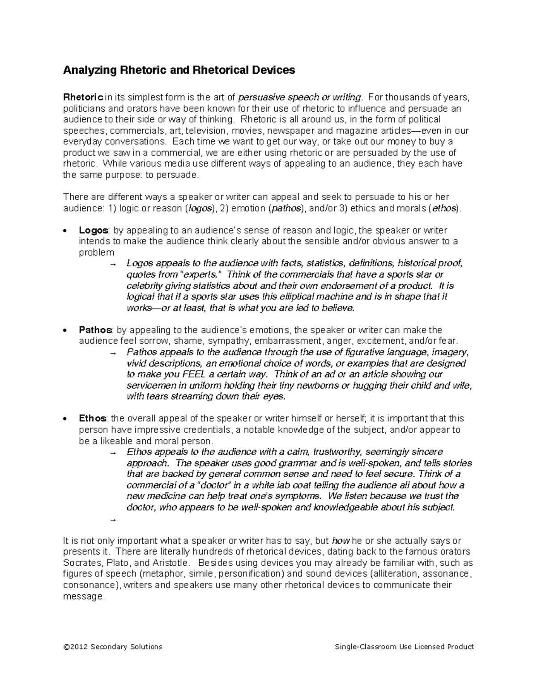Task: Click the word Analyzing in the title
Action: click(89, 70)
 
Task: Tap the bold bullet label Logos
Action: click(93, 230)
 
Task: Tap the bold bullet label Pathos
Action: click(95, 330)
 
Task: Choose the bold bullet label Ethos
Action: click(92, 418)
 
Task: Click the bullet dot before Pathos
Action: click(66, 331)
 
